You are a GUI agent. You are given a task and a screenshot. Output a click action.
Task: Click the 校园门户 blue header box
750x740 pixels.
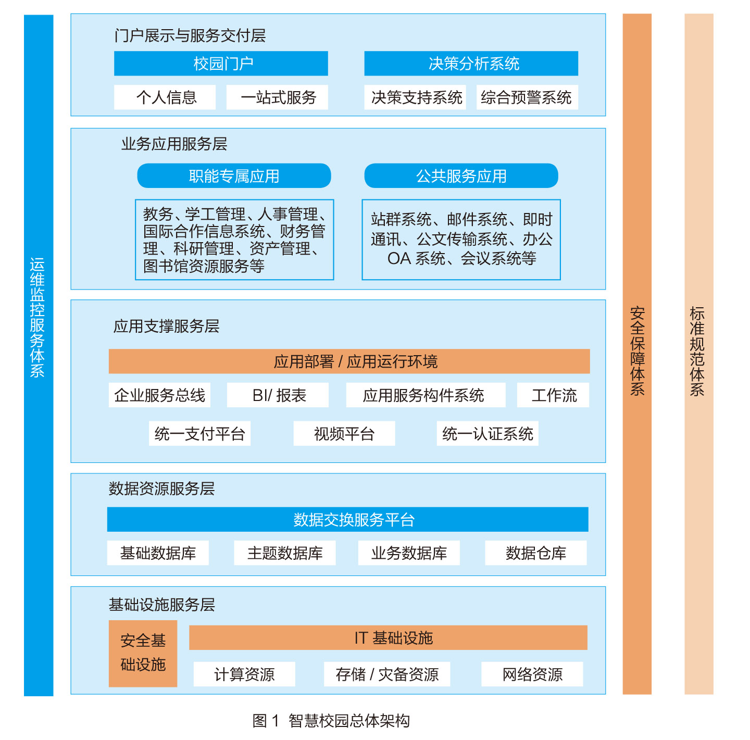[221, 64]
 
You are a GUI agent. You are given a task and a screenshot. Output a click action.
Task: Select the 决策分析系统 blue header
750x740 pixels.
[471, 64]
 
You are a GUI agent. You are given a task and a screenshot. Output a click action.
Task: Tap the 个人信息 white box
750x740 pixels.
[165, 97]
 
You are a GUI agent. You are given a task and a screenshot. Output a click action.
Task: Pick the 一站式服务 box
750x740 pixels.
[277, 97]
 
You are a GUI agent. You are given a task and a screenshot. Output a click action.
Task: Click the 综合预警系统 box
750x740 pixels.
[527, 97]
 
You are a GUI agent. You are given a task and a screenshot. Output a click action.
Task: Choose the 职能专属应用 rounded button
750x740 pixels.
[234, 176]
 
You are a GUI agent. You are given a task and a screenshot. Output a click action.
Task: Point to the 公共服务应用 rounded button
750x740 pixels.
[461, 176]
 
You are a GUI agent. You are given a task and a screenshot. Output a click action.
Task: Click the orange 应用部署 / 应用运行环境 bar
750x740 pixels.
[349, 361]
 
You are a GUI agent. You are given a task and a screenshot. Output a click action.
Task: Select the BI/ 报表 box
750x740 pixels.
[278, 395]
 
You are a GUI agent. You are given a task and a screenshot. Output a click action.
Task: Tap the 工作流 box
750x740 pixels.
[553, 395]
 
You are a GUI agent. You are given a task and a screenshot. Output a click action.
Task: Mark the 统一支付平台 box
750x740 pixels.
[199, 434]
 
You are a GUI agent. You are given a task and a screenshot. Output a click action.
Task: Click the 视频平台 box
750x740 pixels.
[344, 434]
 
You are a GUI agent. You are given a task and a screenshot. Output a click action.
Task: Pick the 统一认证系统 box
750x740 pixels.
[488, 434]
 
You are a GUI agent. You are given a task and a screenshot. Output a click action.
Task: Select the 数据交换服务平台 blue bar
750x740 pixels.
[348, 520]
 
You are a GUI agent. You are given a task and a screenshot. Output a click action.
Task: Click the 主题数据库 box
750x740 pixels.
[285, 553]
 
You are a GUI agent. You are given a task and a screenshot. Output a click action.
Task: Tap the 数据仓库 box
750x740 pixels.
[535, 553]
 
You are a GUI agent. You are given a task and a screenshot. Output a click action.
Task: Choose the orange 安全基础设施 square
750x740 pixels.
[143, 653]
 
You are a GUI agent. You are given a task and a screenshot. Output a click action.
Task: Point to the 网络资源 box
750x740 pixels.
[532, 674]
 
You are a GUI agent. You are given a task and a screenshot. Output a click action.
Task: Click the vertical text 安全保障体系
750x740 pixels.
[637, 352]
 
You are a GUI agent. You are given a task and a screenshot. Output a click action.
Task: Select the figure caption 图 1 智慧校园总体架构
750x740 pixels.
[331, 721]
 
